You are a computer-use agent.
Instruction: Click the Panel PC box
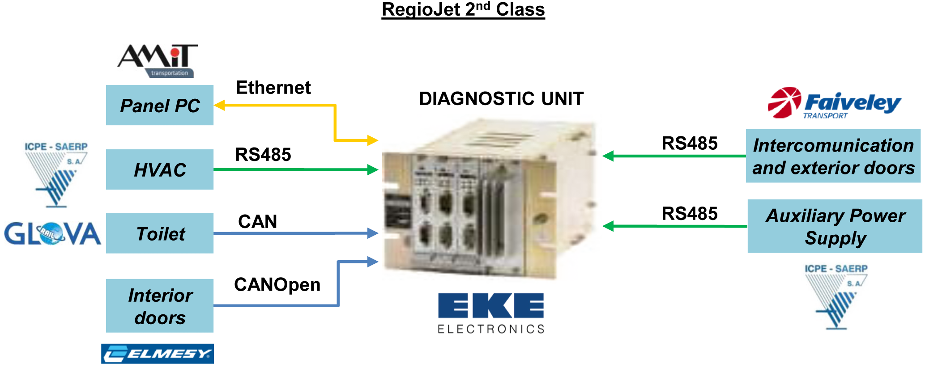tap(160, 105)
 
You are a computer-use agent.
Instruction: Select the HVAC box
tap(160, 169)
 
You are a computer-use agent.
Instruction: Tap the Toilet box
tap(160, 233)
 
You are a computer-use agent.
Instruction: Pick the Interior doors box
tap(160, 306)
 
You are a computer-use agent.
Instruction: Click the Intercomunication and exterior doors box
tap(833, 156)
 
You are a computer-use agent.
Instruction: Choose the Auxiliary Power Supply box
tap(835, 226)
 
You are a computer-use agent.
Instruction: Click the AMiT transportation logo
tap(158, 61)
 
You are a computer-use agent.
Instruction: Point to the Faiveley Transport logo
tap(834, 103)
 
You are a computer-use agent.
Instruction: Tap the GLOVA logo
tap(52, 233)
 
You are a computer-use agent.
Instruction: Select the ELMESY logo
tap(158, 354)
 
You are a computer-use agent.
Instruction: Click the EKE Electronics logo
tap(491, 313)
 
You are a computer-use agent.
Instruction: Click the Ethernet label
tap(273, 88)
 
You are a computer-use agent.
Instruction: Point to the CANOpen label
tap(277, 285)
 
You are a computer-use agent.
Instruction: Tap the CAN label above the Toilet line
tap(258, 221)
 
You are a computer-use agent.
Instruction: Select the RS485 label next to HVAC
tap(263, 155)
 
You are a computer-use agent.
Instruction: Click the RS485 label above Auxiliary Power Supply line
tap(690, 214)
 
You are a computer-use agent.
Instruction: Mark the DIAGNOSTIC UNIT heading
tap(501, 99)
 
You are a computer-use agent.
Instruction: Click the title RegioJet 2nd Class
tap(463, 9)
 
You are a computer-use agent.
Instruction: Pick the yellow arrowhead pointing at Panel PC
tap(219, 106)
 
